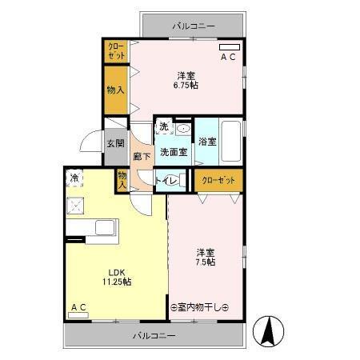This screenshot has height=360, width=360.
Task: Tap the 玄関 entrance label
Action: [x=115, y=144]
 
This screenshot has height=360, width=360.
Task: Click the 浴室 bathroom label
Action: [x=207, y=142]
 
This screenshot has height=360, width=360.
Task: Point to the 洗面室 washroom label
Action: [x=172, y=151]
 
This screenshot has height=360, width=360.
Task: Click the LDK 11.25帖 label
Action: [x=115, y=276]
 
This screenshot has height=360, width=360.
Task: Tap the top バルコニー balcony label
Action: [x=194, y=26]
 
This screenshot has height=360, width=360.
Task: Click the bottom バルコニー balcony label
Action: [x=154, y=334]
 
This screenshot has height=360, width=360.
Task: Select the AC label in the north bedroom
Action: [x=228, y=58]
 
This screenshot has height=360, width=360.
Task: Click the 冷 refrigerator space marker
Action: [x=75, y=178]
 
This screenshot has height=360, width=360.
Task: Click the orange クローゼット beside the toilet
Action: [x=218, y=180]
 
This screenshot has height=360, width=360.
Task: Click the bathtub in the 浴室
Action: [x=231, y=141]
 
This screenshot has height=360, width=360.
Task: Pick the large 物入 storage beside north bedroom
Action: [x=116, y=90]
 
